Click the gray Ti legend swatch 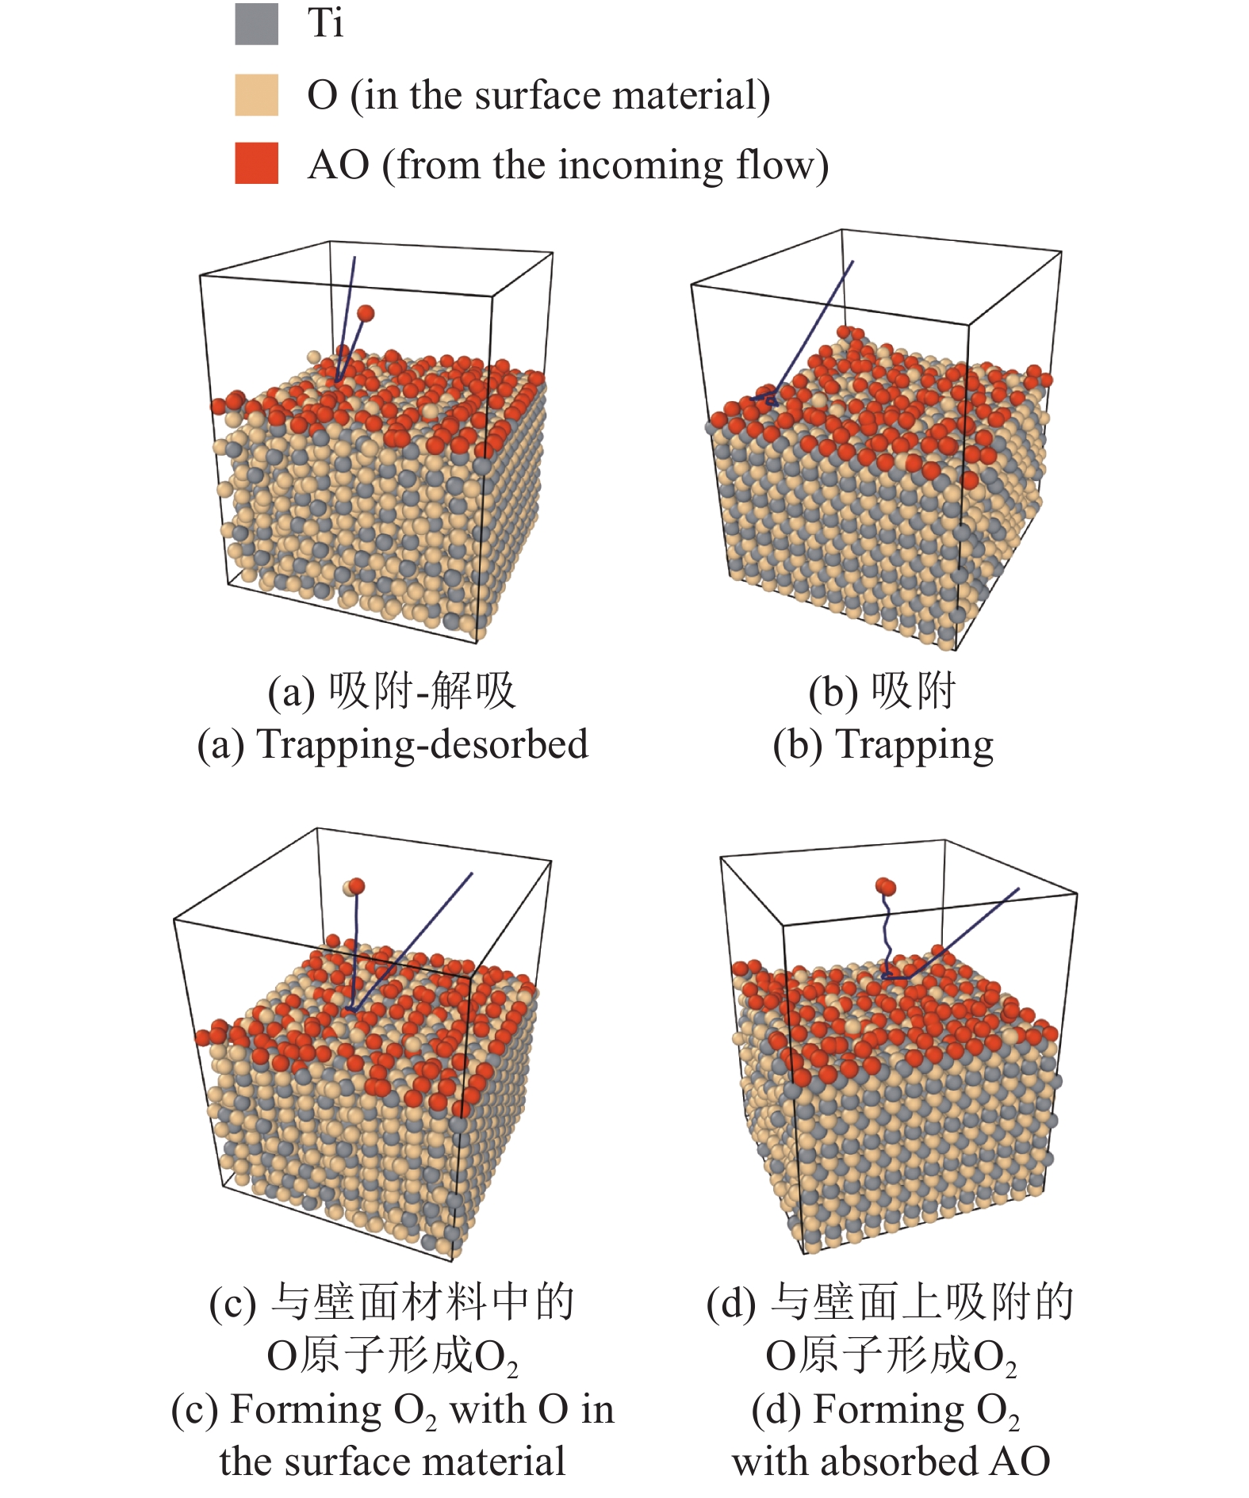tap(256, 24)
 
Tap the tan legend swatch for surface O tap(256, 95)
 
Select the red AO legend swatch tap(256, 163)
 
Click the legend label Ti tap(325, 23)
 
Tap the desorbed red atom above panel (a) tap(366, 313)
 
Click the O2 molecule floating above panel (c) tap(354, 886)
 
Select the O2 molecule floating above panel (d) tap(886, 886)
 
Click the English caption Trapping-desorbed tap(423, 745)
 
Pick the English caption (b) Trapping tap(883, 745)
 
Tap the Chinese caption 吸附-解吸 tap(422, 691)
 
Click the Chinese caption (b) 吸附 tap(882, 691)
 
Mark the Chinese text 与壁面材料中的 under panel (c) tap(423, 1302)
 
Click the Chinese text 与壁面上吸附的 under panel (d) tap(922, 1302)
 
